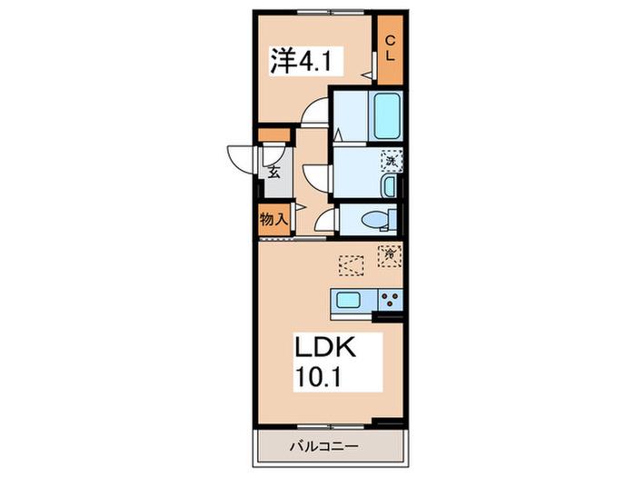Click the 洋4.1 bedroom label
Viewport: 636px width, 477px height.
(302, 61)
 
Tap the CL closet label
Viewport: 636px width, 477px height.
(390, 48)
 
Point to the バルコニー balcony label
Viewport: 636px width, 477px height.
(324, 447)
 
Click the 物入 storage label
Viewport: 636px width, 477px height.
(273, 220)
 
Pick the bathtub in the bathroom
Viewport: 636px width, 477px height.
(386, 116)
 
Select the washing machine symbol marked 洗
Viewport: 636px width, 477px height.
(392, 160)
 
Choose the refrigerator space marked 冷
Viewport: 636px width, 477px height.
(390, 256)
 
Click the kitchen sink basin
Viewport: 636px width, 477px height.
(348, 300)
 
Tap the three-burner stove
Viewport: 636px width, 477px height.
(390, 300)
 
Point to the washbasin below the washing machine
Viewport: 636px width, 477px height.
(389, 186)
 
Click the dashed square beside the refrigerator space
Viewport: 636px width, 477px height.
(352, 265)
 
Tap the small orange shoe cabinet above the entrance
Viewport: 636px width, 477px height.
(274, 134)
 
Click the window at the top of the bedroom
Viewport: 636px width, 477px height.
(332, 12)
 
